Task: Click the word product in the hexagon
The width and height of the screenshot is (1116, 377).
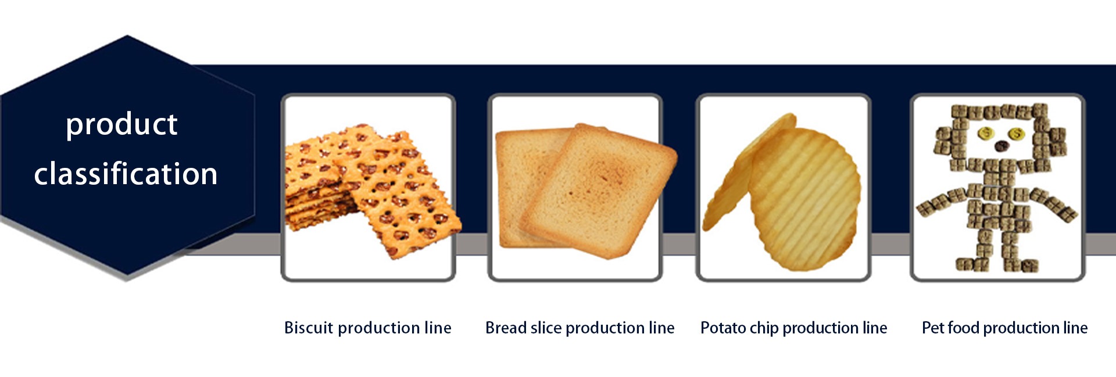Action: tap(121, 125)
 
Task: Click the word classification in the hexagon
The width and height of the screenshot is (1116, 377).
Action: tap(126, 173)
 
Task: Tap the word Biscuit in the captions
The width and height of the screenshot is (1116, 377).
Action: tap(309, 328)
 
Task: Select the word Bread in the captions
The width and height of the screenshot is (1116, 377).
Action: tap(506, 328)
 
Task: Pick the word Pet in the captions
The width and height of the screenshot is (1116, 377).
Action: tap(933, 328)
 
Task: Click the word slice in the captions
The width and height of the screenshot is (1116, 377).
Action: tap(546, 328)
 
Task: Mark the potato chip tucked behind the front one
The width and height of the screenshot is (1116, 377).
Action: tap(738, 174)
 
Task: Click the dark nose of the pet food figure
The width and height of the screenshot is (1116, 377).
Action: tap(1001, 146)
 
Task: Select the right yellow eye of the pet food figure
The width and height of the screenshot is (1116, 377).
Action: tap(1016, 134)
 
